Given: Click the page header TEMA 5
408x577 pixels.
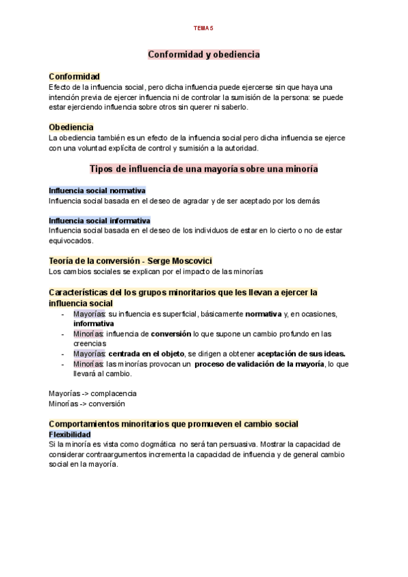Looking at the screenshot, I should [203, 28].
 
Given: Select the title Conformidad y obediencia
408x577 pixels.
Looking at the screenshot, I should [204, 54].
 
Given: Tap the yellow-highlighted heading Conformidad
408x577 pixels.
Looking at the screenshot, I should [74, 76].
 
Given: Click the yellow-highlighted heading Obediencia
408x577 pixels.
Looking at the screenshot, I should [71, 127].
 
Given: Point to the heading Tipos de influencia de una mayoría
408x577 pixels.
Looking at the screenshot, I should [204, 168].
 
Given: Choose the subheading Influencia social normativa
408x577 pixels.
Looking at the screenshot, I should [97, 191].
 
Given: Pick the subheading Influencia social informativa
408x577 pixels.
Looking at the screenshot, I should [99, 220].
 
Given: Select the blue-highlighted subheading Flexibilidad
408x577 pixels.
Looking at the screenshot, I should [69, 434].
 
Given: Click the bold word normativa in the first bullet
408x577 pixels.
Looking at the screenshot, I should [264, 314].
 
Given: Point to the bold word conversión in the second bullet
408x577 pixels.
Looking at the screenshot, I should [171, 334].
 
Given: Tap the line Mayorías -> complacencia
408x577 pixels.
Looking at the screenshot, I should [92, 393].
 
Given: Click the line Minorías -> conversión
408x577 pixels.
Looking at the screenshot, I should [87, 403].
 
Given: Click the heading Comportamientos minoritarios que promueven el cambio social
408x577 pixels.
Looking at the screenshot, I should [173, 424].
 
